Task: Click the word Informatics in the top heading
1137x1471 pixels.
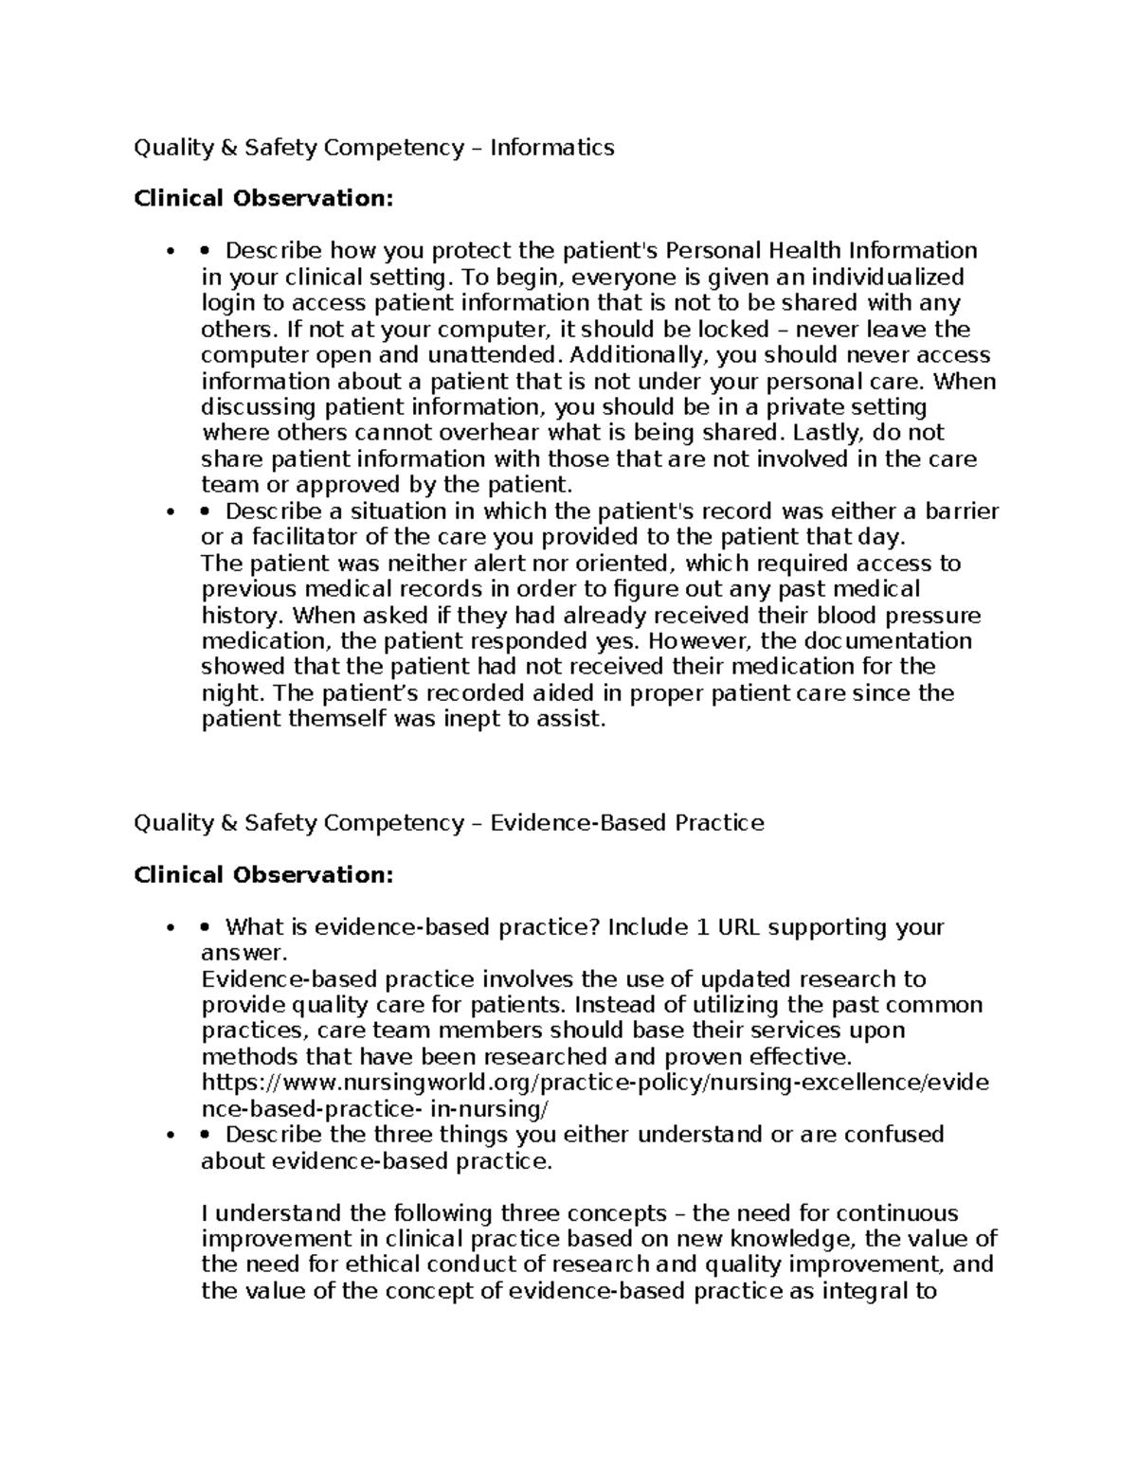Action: click(552, 147)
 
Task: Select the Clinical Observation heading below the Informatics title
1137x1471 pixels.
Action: click(262, 199)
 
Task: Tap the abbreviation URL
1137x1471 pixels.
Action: click(739, 927)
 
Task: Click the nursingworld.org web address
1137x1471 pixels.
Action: click(595, 1083)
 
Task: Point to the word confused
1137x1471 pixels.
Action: click(898, 1135)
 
